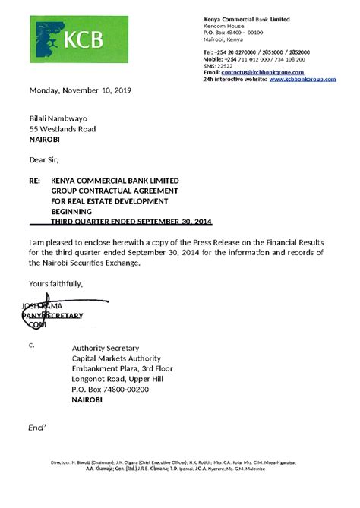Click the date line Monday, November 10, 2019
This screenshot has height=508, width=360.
click(81, 90)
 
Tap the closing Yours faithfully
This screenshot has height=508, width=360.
click(56, 283)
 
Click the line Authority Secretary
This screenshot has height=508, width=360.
click(105, 348)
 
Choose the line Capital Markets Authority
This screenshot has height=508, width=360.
click(116, 358)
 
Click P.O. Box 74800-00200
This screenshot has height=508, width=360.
click(110, 390)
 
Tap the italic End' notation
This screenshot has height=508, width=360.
click(38, 429)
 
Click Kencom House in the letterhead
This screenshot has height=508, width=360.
click(226, 26)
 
